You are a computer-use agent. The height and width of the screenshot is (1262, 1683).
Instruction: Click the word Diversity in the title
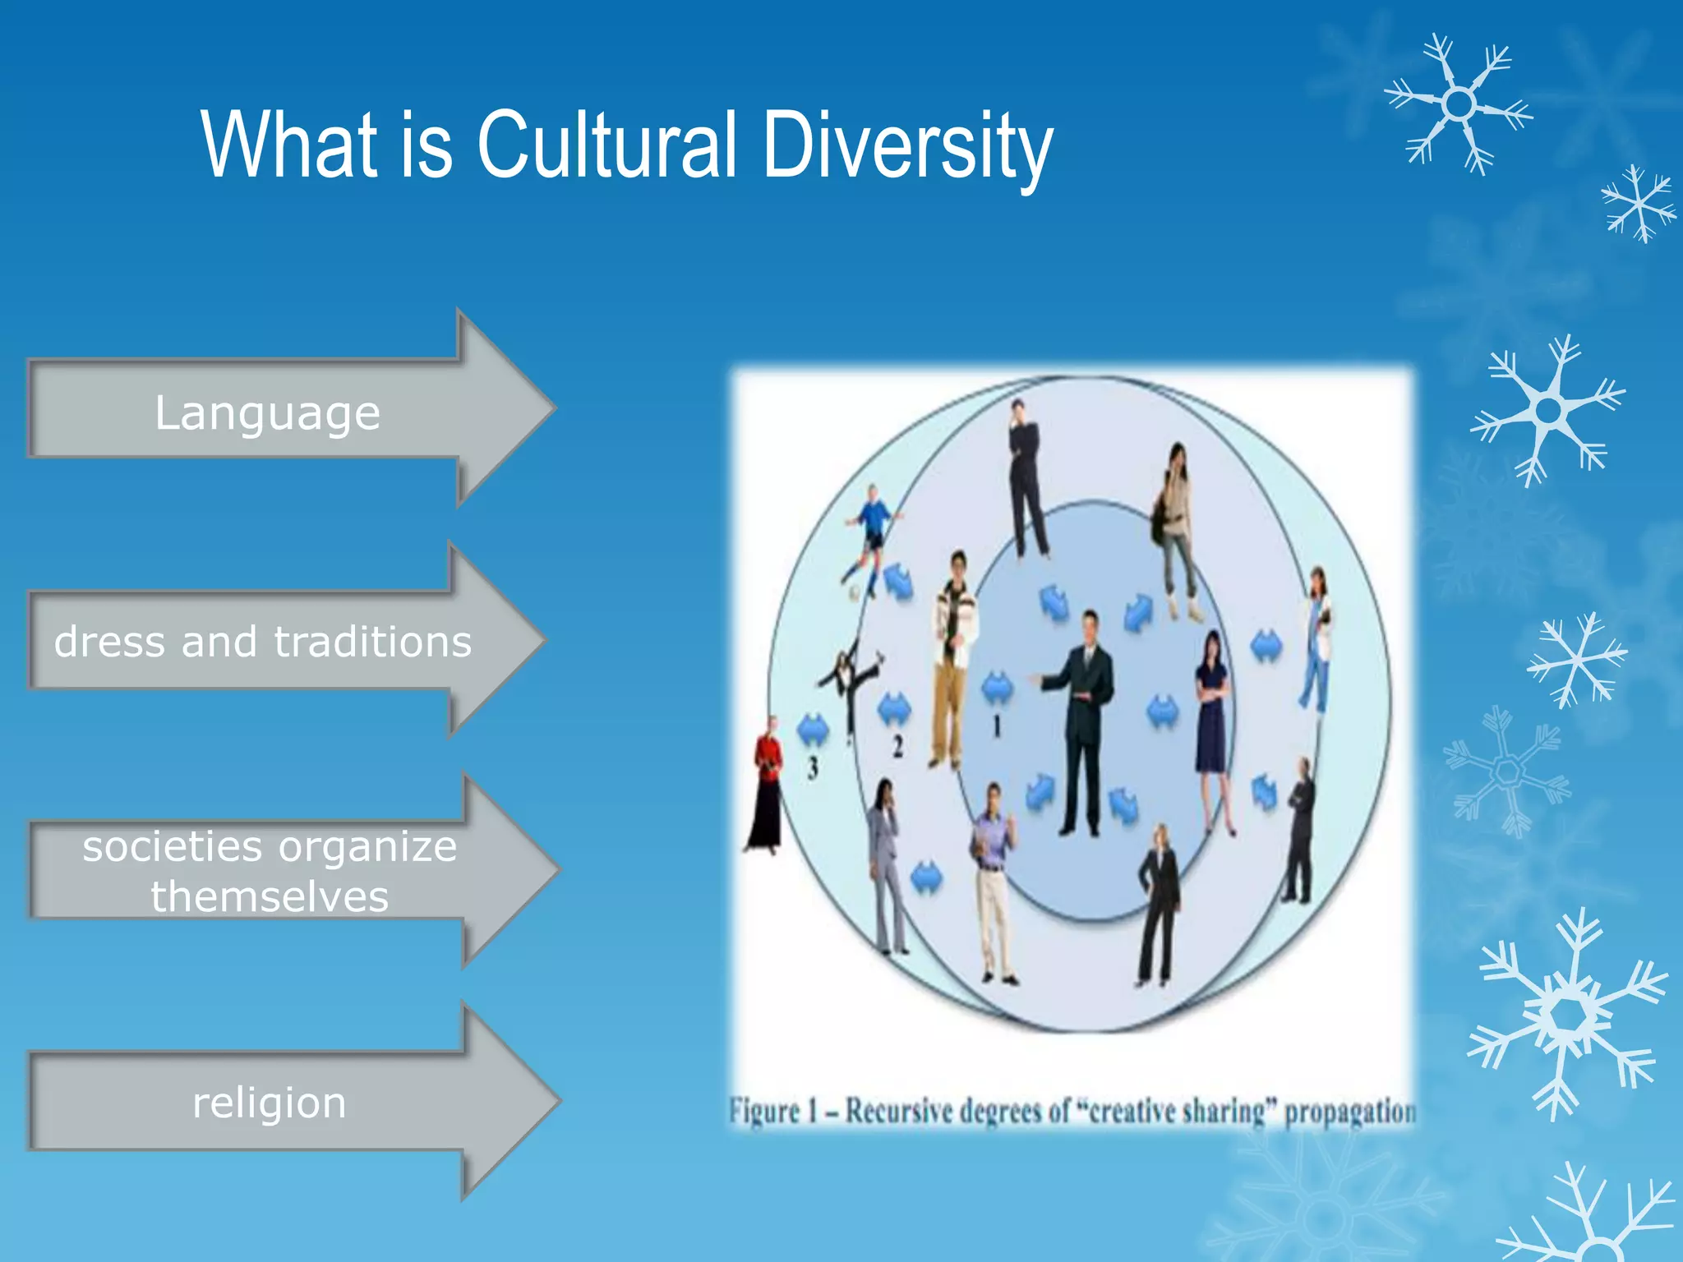[x=907, y=145]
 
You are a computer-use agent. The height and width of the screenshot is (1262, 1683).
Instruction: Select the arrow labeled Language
[x=271, y=411]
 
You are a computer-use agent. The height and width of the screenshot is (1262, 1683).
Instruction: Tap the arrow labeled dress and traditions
[x=263, y=641]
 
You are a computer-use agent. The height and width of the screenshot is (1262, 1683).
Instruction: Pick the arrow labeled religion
[x=271, y=1102]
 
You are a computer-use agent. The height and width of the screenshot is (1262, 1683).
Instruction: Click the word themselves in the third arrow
[x=270, y=896]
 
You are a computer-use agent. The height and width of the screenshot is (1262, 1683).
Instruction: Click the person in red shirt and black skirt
[x=766, y=785]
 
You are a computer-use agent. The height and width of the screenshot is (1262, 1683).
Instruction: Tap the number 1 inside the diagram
[x=997, y=725]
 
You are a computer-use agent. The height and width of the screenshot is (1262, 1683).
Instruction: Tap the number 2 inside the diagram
[x=897, y=746]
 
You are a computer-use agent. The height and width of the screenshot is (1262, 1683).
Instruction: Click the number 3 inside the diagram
[x=813, y=767]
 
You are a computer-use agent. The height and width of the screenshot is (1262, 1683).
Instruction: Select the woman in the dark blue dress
[x=1212, y=723]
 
